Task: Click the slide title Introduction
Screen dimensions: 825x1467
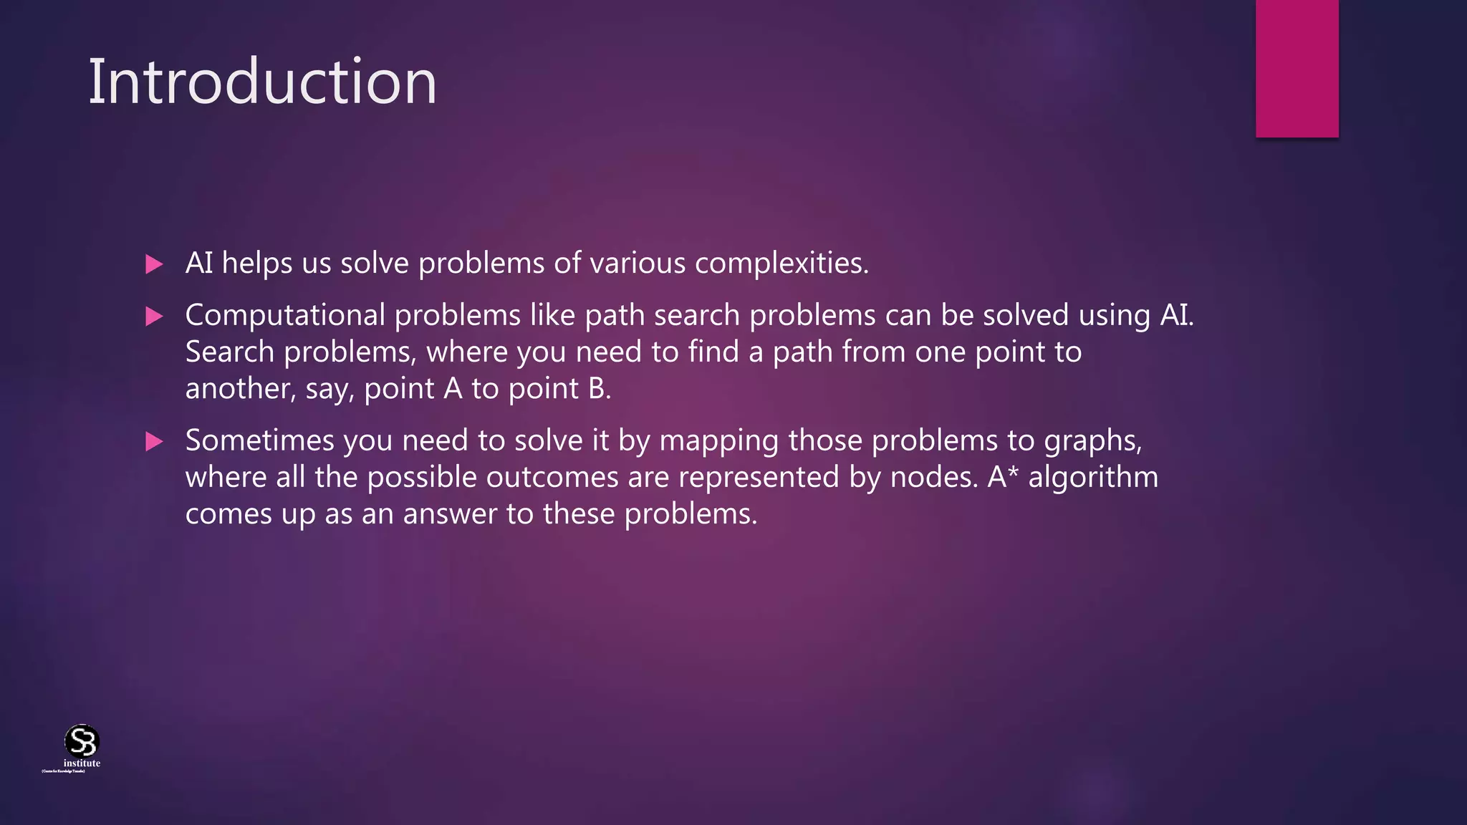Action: pyautogui.click(x=262, y=82)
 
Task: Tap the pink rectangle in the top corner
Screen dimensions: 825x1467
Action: pyautogui.click(x=1297, y=68)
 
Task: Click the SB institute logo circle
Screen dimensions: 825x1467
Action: pyautogui.click(x=82, y=740)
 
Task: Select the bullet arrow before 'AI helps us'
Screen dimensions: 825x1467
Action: pyautogui.click(x=154, y=264)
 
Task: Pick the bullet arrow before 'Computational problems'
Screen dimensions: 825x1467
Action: pyautogui.click(x=154, y=316)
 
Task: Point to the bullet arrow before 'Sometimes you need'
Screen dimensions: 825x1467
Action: pyautogui.click(x=154, y=441)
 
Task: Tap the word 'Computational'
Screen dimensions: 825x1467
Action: pyautogui.click(x=285, y=315)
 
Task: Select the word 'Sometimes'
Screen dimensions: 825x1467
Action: pyautogui.click(x=260, y=440)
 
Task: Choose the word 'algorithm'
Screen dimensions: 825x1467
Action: pyautogui.click(x=1093, y=477)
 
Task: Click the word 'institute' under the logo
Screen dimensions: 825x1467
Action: pyautogui.click(x=82, y=763)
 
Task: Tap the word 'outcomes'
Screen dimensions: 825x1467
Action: pyautogui.click(x=552, y=477)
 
